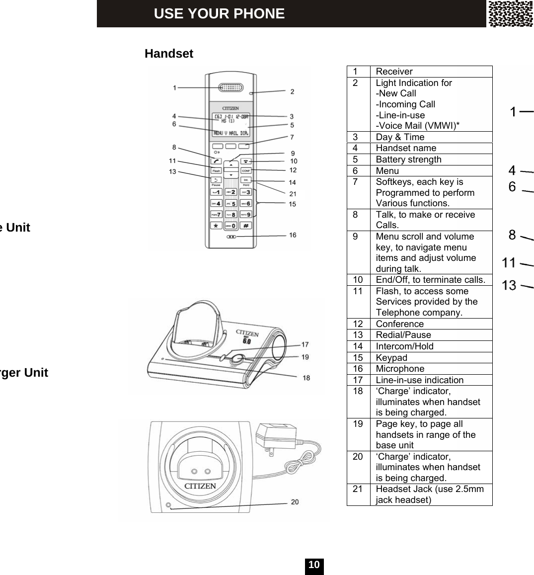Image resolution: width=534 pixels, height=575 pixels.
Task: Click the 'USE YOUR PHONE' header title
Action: pyautogui.click(x=219, y=13)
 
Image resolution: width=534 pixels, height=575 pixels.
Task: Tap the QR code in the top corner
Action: pyautogui.click(x=510, y=13)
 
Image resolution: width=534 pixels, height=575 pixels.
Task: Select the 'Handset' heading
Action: pyautogui.click(x=169, y=54)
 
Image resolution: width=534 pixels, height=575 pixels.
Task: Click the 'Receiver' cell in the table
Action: pyautogui.click(x=394, y=72)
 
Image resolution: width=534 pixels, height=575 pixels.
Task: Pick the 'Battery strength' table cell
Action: pyautogui.click(x=408, y=160)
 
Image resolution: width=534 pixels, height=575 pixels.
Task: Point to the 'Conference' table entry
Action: pyautogui.click(x=400, y=324)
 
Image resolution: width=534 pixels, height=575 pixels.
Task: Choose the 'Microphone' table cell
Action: pyautogui.click(x=400, y=369)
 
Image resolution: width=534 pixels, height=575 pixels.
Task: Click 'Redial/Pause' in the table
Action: pyautogui.click(x=403, y=335)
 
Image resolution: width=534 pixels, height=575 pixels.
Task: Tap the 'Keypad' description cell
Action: pyautogui.click(x=391, y=358)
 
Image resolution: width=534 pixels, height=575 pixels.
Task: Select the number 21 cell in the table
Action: pyautogui.click(x=358, y=489)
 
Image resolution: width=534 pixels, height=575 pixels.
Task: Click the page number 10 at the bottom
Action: pyautogui.click(x=314, y=566)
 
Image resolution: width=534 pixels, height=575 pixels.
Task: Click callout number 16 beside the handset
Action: pyautogui.click(x=293, y=235)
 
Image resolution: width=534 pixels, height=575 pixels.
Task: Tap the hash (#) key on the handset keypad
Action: pyautogui.click(x=246, y=225)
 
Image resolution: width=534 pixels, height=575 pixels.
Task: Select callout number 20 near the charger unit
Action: pyautogui.click(x=295, y=502)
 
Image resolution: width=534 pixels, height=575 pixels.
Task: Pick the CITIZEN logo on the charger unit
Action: pyautogui.click(x=200, y=486)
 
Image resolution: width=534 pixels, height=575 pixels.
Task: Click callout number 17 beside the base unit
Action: pyautogui.click(x=305, y=344)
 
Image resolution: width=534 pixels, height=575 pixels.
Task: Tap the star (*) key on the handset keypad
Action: pyautogui.click(x=216, y=225)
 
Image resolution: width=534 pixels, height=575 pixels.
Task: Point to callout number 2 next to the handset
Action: pyautogui.click(x=292, y=91)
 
